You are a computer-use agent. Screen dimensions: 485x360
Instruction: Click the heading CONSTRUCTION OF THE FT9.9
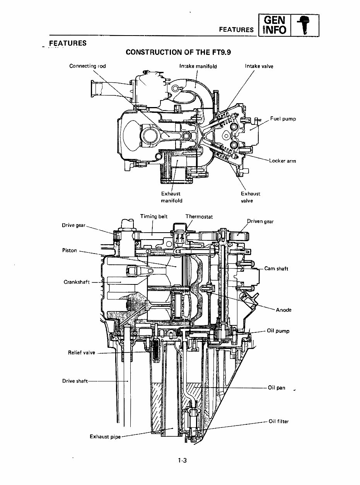click(178, 52)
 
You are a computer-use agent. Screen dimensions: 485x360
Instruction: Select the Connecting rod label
click(87, 66)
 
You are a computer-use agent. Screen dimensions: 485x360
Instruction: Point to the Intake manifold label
click(198, 66)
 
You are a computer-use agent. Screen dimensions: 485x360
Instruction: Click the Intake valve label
click(259, 66)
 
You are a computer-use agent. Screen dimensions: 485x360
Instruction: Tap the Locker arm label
click(282, 161)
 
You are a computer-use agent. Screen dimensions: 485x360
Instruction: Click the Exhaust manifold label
click(171, 197)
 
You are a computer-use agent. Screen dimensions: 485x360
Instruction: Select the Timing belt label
click(154, 216)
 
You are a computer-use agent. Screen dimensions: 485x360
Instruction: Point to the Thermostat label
click(199, 217)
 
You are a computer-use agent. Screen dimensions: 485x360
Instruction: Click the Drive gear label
click(73, 225)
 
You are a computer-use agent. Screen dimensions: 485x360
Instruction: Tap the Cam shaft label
click(276, 269)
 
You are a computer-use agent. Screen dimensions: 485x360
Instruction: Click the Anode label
click(283, 310)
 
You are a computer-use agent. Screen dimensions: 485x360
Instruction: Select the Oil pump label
click(278, 331)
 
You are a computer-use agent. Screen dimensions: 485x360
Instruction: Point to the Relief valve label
click(81, 352)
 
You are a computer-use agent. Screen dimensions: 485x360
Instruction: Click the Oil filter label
click(278, 421)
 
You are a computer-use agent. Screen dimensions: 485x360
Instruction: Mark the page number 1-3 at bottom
click(183, 460)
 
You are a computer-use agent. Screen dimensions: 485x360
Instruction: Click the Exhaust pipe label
click(105, 437)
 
